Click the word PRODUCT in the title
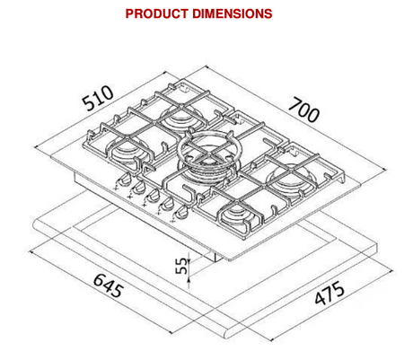pos(156,13)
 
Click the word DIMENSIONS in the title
pos(233,13)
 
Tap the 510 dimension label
pos(98,98)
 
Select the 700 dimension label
pos(303,110)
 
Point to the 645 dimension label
pos(109,285)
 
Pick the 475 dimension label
pos(330,293)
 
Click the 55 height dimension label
pos(181,266)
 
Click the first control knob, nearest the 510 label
pos(124,180)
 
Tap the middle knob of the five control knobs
pos(153,196)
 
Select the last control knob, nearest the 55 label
pos(180,212)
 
